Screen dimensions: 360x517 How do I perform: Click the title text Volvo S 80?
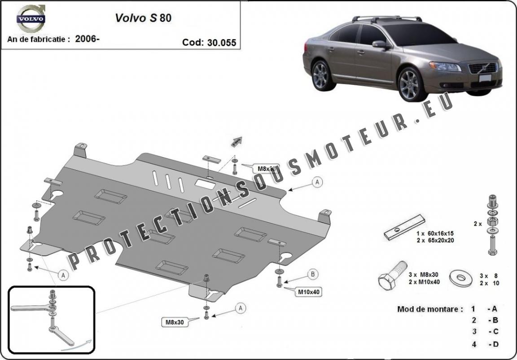point(143,18)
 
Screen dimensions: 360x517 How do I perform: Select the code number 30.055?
point(221,43)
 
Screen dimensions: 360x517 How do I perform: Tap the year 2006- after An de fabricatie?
point(88,39)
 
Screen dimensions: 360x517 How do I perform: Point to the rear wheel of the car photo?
point(323,76)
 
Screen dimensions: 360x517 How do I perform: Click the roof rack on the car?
point(387,19)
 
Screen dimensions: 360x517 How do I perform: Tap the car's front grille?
point(482,68)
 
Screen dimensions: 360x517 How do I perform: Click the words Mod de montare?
point(429,309)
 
